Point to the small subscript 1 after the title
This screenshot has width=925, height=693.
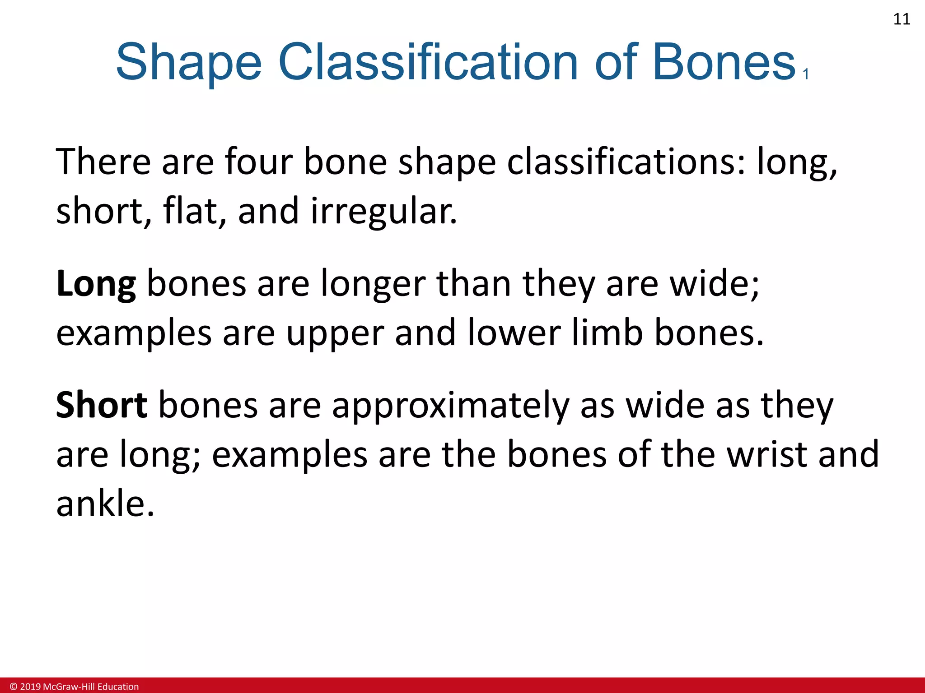pos(806,74)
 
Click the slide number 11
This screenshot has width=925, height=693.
pos(902,19)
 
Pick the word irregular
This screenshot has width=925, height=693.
pos(383,211)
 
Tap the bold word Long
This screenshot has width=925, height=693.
pos(96,284)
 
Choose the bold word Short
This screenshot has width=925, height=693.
pos(101,405)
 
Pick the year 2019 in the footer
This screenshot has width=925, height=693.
pos(30,687)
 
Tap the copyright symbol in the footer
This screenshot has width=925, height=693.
pos(13,687)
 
